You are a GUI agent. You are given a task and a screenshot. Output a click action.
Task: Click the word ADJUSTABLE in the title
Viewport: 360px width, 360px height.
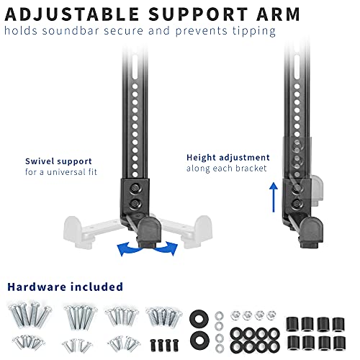[72, 14]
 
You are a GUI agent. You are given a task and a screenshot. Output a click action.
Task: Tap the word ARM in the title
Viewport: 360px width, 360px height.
[278, 14]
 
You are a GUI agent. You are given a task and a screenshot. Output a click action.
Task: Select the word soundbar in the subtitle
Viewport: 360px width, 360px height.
[71, 31]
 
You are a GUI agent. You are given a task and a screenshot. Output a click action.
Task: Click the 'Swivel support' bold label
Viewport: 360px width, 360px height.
[58, 161]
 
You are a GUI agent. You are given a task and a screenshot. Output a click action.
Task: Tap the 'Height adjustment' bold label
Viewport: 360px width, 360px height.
[228, 158]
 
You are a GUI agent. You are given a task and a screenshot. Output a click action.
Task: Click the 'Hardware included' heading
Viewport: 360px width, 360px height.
[65, 287]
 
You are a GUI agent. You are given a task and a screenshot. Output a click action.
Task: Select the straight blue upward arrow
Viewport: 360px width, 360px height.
[274, 197]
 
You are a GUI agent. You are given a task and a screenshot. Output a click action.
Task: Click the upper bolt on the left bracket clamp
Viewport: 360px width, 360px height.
[135, 189]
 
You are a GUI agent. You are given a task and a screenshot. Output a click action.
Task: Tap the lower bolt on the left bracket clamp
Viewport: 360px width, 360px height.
[135, 204]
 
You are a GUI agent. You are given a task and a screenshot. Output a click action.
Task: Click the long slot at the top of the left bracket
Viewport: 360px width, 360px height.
[135, 67]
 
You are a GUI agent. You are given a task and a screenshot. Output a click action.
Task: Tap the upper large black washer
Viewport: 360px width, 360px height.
[199, 320]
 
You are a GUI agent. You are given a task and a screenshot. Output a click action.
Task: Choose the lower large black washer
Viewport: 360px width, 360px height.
[199, 341]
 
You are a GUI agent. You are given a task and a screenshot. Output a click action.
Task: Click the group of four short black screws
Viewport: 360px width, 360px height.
[164, 345]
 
